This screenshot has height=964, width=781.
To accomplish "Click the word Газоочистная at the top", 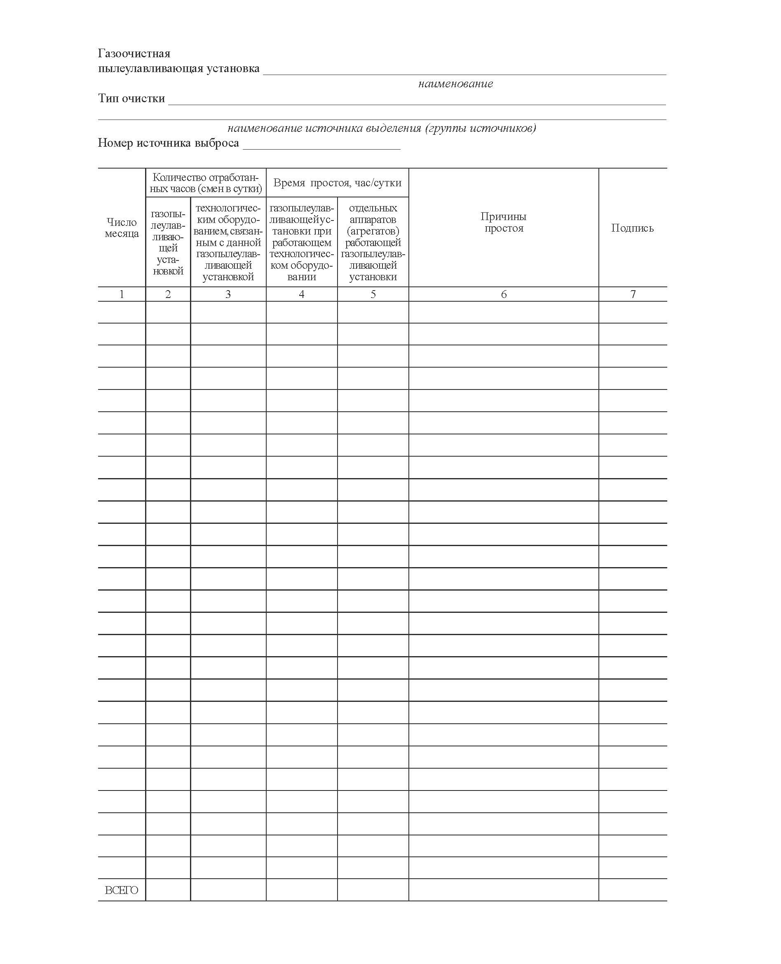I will pyautogui.click(x=134, y=54).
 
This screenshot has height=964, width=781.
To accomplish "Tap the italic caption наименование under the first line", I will pyautogui.click(x=455, y=84).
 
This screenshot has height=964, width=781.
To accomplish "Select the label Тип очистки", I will pyautogui.click(x=131, y=98).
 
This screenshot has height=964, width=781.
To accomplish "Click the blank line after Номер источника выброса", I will pyautogui.click(x=321, y=145).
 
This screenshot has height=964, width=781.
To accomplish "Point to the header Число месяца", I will pyautogui.click(x=122, y=228).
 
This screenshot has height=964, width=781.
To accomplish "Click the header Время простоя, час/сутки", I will pyautogui.click(x=337, y=183).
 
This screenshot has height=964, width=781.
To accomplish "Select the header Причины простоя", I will pyautogui.click(x=503, y=222).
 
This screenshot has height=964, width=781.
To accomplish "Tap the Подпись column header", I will pyautogui.click(x=632, y=228).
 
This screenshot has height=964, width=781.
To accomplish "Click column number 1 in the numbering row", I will pyautogui.click(x=122, y=294).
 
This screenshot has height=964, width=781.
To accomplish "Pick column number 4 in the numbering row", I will pyautogui.click(x=301, y=294).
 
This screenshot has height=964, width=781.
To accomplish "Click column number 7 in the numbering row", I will pyautogui.click(x=633, y=294).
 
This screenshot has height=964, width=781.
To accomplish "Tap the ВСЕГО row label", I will pyautogui.click(x=122, y=890).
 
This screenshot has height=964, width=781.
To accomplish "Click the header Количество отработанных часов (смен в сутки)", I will pyautogui.click(x=206, y=183).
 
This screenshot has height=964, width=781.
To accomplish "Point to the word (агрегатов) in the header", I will pyautogui.click(x=373, y=231).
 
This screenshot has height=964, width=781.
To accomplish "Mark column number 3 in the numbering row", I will pyautogui.click(x=228, y=294).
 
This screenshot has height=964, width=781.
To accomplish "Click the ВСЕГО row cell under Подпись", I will pyautogui.click(x=633, y=890).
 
